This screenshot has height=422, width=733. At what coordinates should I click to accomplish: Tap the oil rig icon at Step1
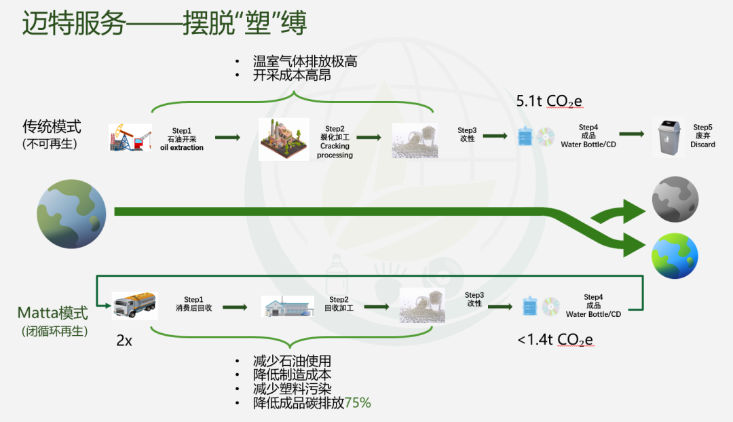point(130,137)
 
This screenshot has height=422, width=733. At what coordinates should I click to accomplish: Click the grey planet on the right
point(675,199)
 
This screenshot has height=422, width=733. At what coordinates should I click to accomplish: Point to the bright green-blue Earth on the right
point(675,255)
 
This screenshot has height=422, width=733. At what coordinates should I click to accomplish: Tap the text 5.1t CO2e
point(549,102)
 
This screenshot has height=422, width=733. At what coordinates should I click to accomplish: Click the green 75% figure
point(358,402)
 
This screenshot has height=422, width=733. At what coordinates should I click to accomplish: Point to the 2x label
point(124,341)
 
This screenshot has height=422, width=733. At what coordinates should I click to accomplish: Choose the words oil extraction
point(181,147)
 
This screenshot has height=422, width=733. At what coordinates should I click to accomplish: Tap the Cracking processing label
point(335,151)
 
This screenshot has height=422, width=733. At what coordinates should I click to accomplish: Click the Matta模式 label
point(53,313)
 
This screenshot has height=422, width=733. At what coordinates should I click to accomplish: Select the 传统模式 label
point(52,127)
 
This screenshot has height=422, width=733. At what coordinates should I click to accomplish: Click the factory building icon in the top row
point(284,139)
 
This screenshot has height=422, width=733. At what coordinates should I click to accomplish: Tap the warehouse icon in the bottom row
point(288,307)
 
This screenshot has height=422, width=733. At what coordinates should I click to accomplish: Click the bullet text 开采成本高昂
point(292,75)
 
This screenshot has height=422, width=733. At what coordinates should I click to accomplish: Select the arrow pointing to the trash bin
point(631,134)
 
